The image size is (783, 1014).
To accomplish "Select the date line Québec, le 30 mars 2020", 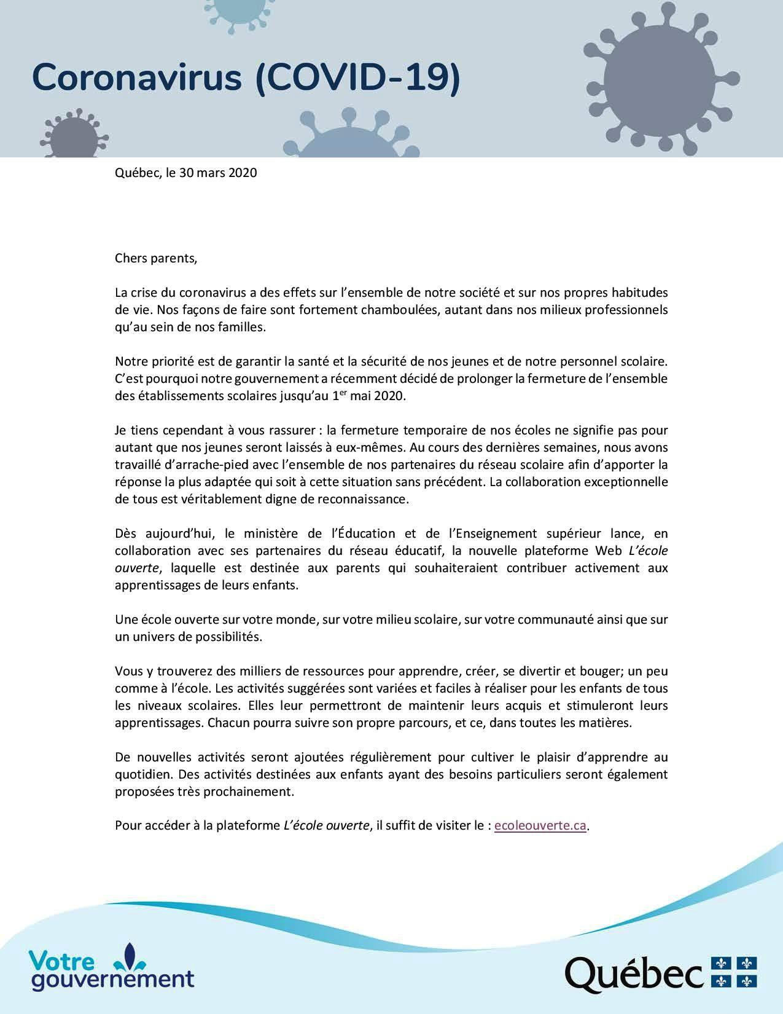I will (185, 173).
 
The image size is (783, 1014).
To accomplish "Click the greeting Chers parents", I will (156, 258).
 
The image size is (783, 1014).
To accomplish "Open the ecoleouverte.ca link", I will (540, 826).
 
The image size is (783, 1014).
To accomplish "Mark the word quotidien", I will (139, 774).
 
